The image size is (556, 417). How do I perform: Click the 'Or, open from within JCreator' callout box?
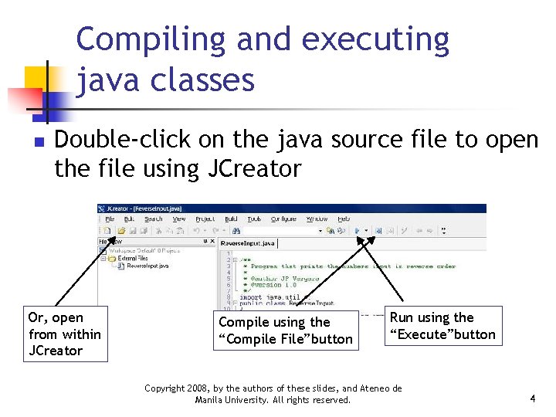pyautogui.click(x=64, y=334)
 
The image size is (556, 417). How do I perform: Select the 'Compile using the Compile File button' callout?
pyautogui.click(x=286, y=331)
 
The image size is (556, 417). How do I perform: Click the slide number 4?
pyautogui.click(x=533, y=398)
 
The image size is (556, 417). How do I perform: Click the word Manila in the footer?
pyautogui.click(x=211, y=400)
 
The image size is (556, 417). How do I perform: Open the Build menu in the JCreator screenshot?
pyautogui.click(x=229, y=219)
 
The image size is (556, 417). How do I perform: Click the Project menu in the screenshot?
pyautogui.click(x=205, y=219)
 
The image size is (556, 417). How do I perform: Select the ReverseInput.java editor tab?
pyautogui.click(x=248, y=243)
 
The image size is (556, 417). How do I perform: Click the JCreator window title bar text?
pyautogui.click(x=144, y=208)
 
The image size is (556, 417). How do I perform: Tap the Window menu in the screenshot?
pyautogui.click(x=317, y=219)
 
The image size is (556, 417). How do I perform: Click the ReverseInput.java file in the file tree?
pyautogui.click(x=147, y=265)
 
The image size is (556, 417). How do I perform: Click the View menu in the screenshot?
pyautogui.click(x=179, y=219)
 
